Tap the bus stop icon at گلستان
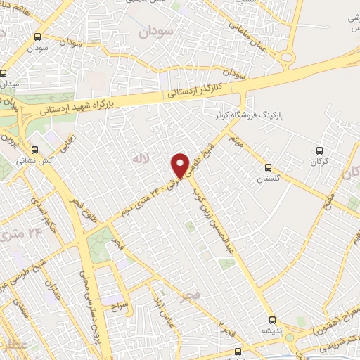click(267, 167)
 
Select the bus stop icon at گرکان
click(319, 150)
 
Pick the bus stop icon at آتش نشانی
click(35, 150)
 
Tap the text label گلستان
click(267, 179)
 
